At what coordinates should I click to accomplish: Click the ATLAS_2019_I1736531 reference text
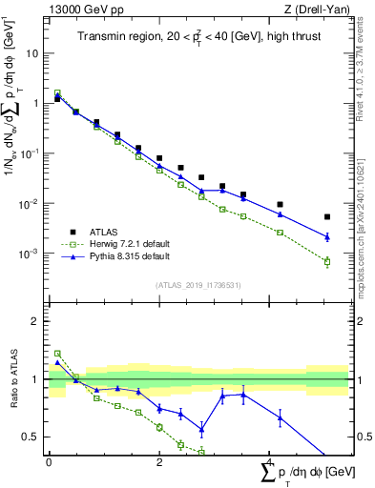[x=198, y=285]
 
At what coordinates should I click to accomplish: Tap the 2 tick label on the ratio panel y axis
[x=35, y=321]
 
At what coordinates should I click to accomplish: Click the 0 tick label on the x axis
[x=49, y=462]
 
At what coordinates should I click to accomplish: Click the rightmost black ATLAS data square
[x=327, y=217]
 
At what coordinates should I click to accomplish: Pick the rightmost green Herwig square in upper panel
[x=327, y=261]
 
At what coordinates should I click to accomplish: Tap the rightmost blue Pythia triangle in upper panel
[x=327, y=236]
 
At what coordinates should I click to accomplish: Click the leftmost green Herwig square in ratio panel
[x=57, y=354]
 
